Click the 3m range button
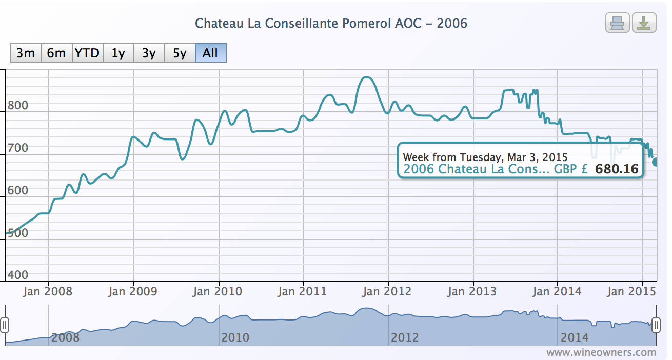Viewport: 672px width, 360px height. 26,53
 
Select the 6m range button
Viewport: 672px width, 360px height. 56,53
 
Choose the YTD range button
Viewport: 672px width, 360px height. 87,53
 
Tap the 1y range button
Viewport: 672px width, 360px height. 118,53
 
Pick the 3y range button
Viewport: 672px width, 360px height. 149,53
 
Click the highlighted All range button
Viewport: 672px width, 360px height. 210,53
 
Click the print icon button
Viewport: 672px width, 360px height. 618,23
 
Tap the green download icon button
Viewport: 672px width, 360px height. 644,23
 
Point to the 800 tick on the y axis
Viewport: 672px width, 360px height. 18,106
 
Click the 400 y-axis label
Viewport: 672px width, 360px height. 18,275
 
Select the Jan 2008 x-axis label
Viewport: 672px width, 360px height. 48,292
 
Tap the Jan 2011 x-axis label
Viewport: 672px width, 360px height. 303,292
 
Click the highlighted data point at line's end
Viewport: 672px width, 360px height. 656,162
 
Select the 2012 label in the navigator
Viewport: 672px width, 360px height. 405,337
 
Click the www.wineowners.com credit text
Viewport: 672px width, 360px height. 601,352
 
